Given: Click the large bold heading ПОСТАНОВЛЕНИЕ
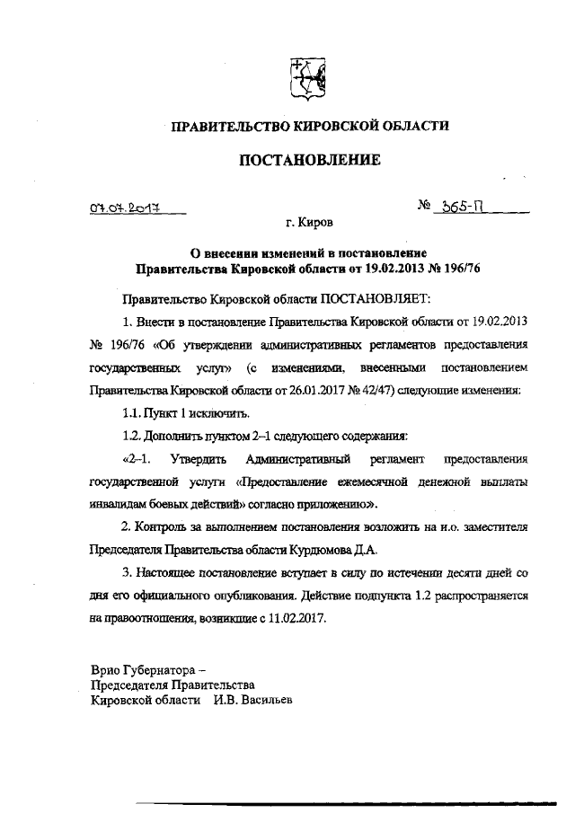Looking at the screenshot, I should pos(309,160).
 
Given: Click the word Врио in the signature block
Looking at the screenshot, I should pos(106,670).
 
